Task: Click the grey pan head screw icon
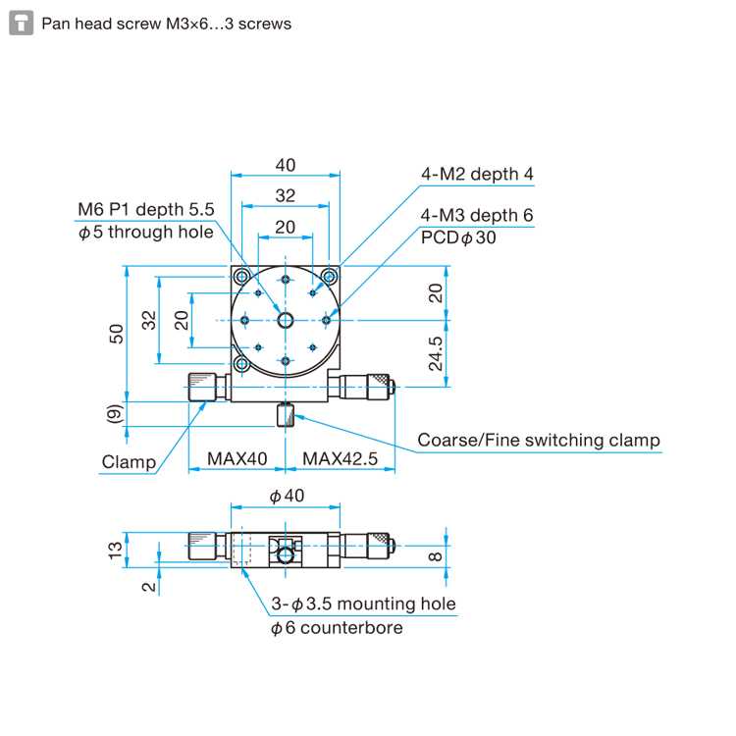[22, 23]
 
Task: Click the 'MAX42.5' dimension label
[340, 458]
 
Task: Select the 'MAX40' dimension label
[237, 458]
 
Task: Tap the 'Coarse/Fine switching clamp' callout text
[539, 441]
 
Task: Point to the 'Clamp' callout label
[129, 462]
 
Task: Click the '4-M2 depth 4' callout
[477, 174]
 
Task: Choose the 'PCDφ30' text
[458, 237]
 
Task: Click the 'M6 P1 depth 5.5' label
[145, 209]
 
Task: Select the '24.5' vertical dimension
[436, 353]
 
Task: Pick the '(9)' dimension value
[115, 414]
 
